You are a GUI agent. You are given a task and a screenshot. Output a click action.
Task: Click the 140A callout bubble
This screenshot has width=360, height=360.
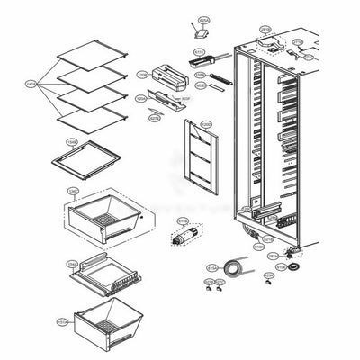(31, 84)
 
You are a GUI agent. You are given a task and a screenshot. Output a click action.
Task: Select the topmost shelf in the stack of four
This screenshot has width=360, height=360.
(89, 55)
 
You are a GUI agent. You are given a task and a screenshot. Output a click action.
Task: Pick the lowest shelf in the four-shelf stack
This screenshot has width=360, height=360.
(89, 114)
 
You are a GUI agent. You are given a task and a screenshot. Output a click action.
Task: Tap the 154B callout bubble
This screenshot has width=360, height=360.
(71, 142)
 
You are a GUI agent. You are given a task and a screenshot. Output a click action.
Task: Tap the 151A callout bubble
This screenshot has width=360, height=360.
(63, 320)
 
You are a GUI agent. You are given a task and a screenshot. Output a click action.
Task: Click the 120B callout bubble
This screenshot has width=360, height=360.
(141, 75)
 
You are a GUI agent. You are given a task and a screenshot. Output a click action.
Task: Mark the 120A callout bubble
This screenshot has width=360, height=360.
(140, 98)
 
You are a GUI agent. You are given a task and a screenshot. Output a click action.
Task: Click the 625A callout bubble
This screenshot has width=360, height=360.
(203, 19)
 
